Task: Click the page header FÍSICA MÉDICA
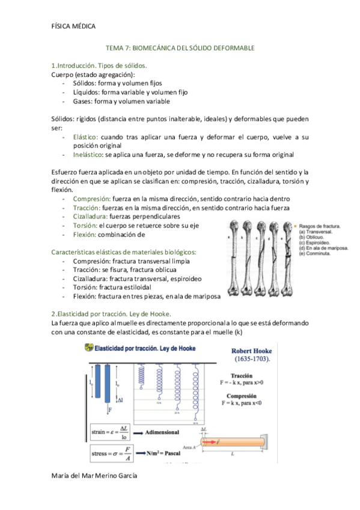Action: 74,26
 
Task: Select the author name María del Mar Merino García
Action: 94,476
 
